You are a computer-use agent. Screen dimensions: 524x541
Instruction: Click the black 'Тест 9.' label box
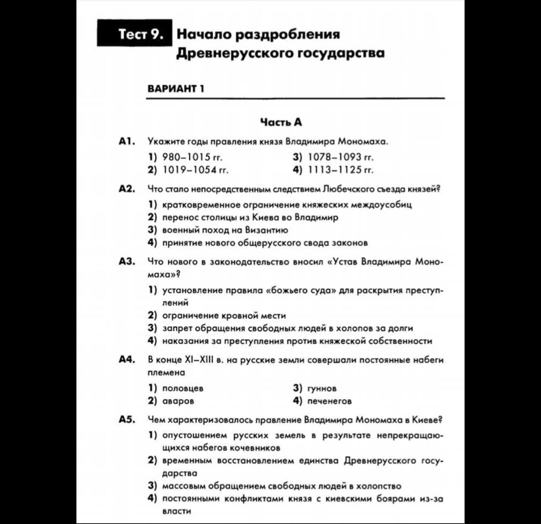(135, 33)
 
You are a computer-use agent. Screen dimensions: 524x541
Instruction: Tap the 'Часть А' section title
(281, 122)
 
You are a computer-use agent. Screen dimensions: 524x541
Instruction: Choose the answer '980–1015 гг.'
(192, 157)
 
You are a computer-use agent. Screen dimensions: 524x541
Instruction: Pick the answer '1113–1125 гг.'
(340, 170)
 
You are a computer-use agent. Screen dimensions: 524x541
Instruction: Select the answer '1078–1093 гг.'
(340, 157)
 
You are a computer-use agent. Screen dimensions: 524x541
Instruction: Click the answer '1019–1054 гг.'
(195, 170)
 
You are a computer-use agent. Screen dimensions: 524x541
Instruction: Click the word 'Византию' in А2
(266, 230)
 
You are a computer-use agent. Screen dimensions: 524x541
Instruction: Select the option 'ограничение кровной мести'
(224, 316)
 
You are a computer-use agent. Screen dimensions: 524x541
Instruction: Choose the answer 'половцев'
(183, 388)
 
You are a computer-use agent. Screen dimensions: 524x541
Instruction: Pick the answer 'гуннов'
(322, 388)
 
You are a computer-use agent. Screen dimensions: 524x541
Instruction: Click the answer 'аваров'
(178, 401)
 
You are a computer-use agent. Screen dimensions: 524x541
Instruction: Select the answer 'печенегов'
(329, 401)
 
